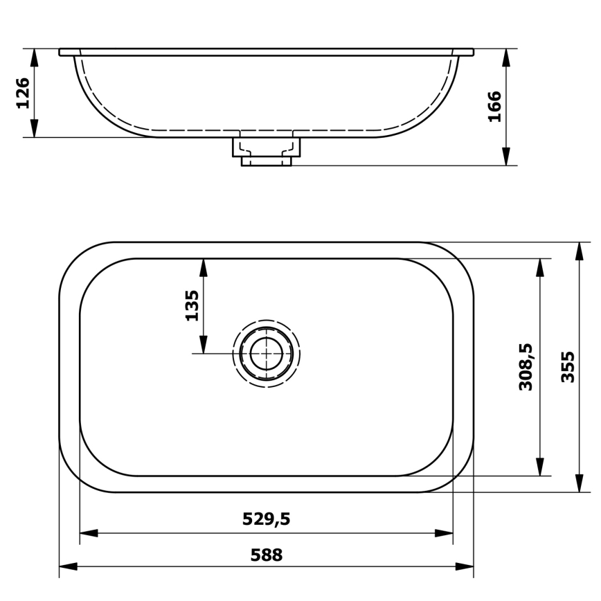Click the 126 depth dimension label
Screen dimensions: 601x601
click(23, 93)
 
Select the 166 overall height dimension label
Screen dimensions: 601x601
click(494, 106)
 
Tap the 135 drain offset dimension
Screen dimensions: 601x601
click(192, 305)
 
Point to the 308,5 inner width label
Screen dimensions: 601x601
click(526, 367)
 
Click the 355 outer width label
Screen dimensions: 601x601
click(568, 367)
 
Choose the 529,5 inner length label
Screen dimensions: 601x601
click(266, 519)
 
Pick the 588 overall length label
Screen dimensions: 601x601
click(266, 555)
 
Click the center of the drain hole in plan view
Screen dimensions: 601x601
click(266, 354)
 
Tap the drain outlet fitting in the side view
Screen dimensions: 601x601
click(266, 151)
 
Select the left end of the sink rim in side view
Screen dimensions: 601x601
click(61, 52)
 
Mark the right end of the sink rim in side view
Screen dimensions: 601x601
click(472, 52)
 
